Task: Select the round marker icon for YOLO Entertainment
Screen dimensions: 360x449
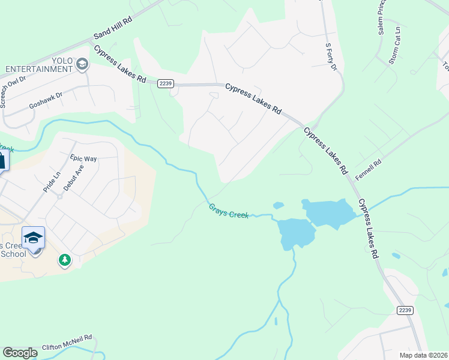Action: (x=82, y=64)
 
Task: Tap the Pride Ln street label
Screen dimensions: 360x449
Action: (x=52, y=181)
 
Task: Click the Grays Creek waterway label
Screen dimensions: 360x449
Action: (x=228, y=211)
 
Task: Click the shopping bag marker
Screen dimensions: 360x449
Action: (x=2, y=161)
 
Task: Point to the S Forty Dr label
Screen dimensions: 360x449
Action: (x=331, y=56)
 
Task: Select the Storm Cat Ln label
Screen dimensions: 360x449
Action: (x=394, y=44)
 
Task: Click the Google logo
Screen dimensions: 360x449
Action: (x=20, y=353)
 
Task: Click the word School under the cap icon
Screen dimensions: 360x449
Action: (x=13, y=254)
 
